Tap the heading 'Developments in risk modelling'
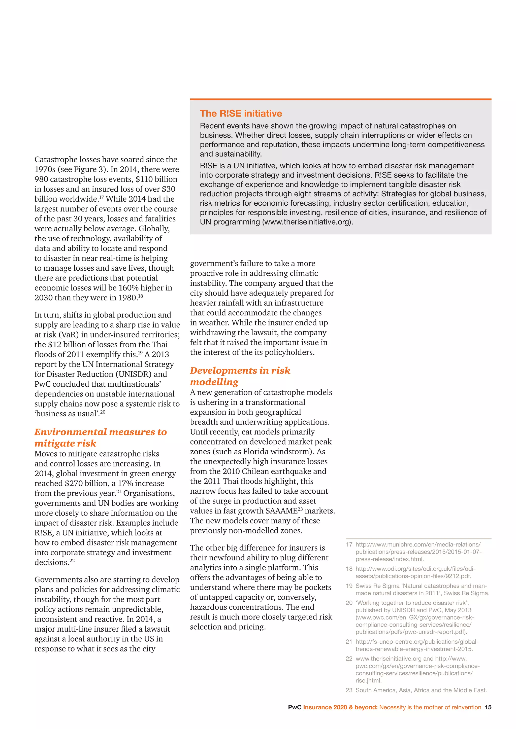240,376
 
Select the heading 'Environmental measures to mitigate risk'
101,438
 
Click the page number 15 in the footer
488,707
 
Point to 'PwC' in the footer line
295,707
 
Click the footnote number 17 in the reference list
349,544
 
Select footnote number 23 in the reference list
349,690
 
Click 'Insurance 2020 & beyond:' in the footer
340,707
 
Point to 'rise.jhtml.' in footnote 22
369,680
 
